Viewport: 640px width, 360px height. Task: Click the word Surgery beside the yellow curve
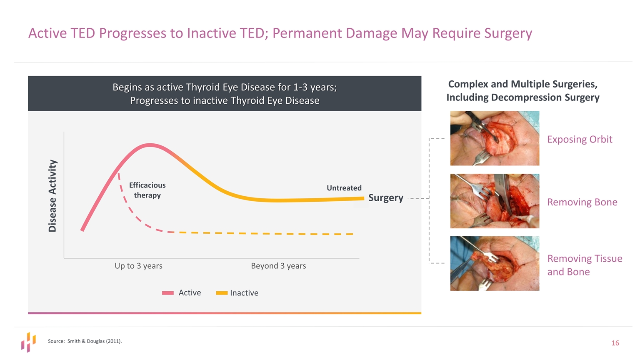tap(385, 197)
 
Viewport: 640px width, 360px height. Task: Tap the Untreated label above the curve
tap(344, 188)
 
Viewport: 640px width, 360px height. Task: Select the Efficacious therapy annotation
tap(147, 190)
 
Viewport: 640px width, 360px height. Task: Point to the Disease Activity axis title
tap(52, 195)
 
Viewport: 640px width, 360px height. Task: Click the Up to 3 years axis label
tap(138, 266)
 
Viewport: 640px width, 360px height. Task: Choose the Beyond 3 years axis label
tap(278, 266)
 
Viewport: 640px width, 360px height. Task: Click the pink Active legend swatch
tap(167, 293)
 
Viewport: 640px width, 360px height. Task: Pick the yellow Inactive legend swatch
tap(222, 293)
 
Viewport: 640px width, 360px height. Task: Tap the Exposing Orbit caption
tap(580, 139)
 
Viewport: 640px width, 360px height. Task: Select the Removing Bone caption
tap(582, 202)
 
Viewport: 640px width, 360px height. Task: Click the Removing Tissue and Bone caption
tap(585, 265)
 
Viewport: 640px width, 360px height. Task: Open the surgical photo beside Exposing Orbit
tap(495, 138)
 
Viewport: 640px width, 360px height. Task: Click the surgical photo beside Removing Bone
tap(495, 201)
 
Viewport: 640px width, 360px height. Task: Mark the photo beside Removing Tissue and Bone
tap(495, 263)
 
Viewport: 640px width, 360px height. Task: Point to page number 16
tap(615, 343)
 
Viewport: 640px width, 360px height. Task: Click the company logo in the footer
tap(28, 342)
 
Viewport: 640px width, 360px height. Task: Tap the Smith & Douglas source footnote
tap(85, 341)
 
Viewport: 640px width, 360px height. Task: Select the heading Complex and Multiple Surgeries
tap(522, 84)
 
